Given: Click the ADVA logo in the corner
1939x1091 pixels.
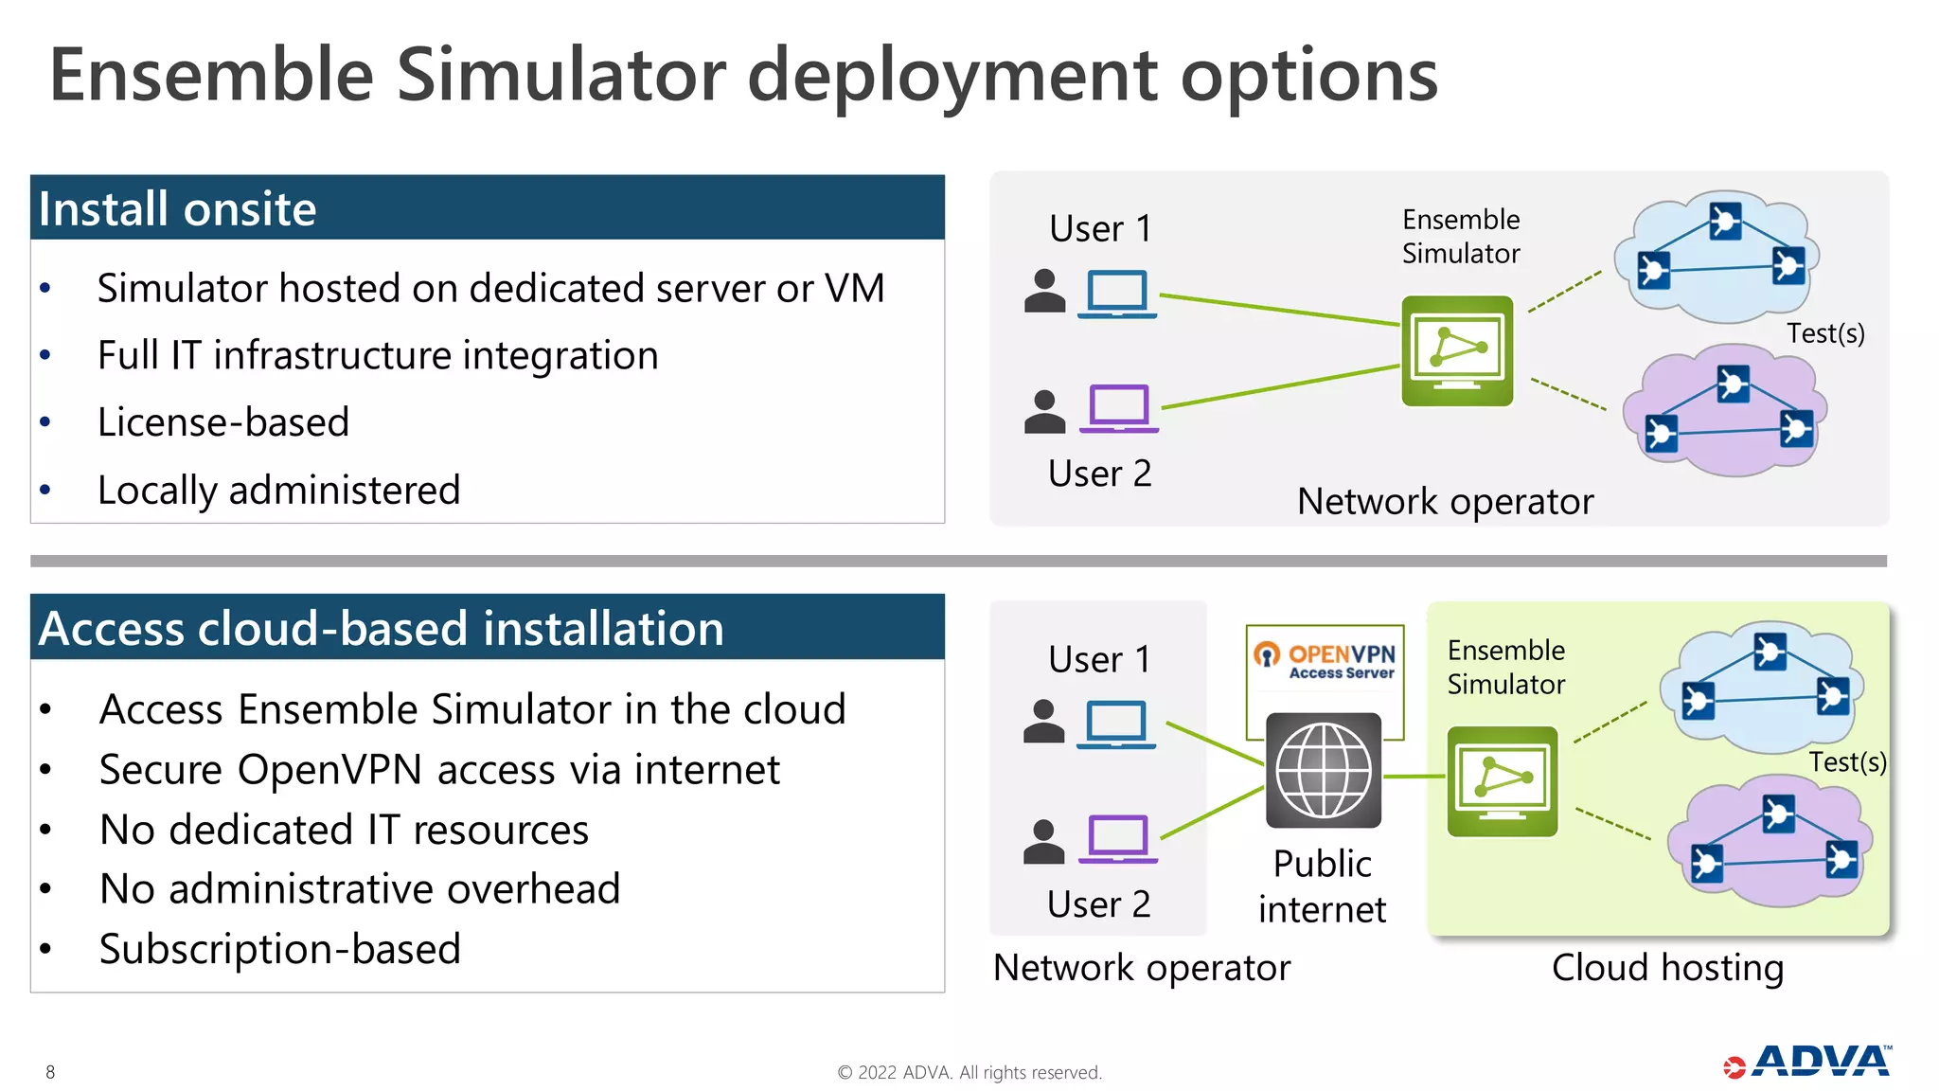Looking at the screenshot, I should (x=1808, y=1062).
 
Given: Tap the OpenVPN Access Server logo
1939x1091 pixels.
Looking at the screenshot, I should (x=1325, y=660).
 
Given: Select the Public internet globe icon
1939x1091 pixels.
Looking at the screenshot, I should (x=1324, y=770).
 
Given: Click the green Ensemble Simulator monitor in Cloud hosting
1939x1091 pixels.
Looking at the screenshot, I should (x=1502, y=781).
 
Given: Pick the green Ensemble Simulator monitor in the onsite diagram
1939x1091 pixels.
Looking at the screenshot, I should (x=1457, y=350).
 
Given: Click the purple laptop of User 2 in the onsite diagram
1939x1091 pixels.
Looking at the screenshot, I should (x=1119, y=408).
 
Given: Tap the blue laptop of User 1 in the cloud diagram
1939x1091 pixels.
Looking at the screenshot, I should (x=1116, y=724).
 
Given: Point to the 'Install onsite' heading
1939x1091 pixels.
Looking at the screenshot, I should (x=177, y=208).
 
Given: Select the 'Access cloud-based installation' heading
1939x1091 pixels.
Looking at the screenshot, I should (x=381, y=628).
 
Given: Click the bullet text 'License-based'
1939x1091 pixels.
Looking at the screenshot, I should (x=223, y=422).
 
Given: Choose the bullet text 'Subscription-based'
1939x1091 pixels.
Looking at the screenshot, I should (x=280, y=949).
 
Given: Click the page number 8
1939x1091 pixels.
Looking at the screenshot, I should (x=50, y=1072).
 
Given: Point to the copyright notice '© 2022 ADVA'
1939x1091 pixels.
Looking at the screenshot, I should (x=969, y=1072).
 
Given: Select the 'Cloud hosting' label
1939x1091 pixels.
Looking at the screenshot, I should (x=1667, y=968).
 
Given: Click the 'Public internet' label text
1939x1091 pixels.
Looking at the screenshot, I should (x=1323, y=886).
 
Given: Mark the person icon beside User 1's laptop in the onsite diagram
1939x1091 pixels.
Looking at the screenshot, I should (x=1045, y=291).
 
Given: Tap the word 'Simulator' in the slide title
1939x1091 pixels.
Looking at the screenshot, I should (x=561, y=76).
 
